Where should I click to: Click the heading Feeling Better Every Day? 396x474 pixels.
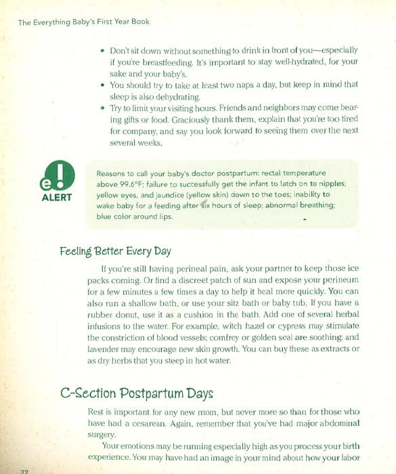point(115,251)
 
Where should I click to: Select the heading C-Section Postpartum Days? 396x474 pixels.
point(137,393)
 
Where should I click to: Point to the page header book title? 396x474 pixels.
point(84,22)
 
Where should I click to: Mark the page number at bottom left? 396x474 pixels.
point(24,471)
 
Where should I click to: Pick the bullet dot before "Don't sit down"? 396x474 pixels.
point(101,50)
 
